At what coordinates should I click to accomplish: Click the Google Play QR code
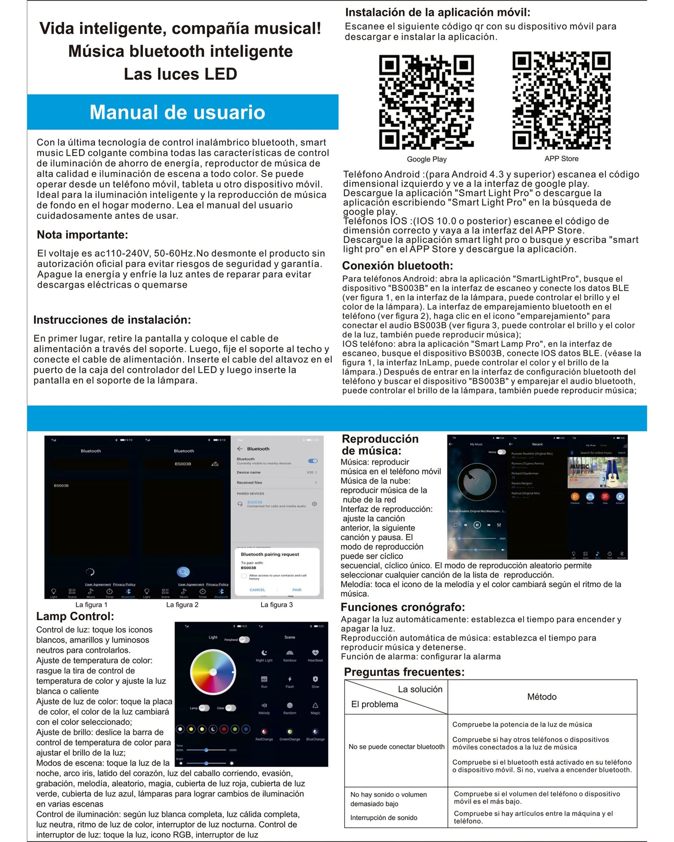[426, 102]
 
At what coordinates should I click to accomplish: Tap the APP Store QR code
[561, 101]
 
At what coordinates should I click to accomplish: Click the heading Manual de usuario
[177, 112]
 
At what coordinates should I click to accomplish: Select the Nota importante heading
[83, 235]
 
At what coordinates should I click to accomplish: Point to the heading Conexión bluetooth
[397, 266]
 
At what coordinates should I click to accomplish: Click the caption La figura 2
[182, 605]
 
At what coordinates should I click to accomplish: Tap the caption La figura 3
[276, 605]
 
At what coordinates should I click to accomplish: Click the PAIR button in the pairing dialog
[297, 590]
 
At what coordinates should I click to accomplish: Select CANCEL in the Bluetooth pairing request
[257, 590]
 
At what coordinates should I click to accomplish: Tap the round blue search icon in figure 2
[183, 572]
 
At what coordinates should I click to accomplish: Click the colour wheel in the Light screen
[213, 672]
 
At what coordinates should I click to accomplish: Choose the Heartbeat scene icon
[315, 653]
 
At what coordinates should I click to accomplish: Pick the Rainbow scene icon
[289, 653]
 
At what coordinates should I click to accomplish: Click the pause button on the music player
[477, 525]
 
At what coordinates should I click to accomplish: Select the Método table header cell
[542, 697]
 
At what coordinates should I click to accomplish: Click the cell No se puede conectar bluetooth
[396, 746]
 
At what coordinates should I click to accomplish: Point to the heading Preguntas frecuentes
[404, 672]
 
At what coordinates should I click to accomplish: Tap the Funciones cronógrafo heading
[403, 607]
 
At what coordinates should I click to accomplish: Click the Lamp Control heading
[75, 616]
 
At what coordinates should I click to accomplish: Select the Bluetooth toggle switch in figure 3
[313, 461]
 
